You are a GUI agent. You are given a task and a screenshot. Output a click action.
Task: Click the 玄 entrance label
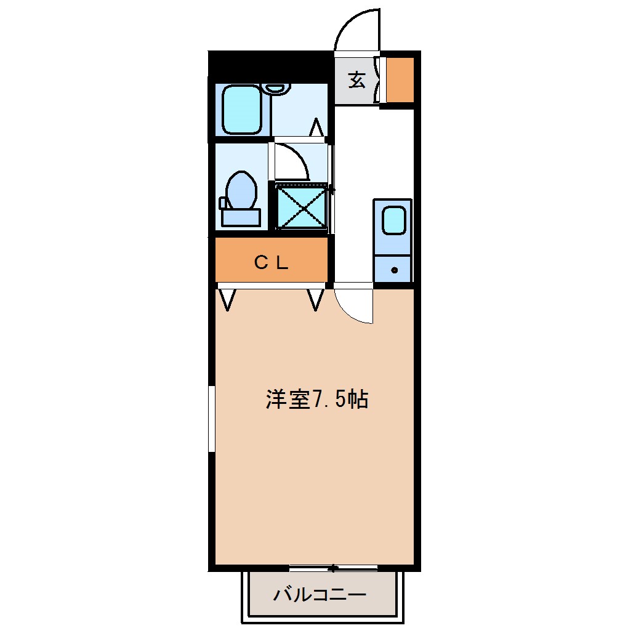pyautogui.click(x=357, y=79)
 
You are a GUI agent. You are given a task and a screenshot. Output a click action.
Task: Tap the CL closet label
pyautogui.click(x=272, y=263)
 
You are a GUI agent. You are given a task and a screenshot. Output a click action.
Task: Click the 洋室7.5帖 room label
pyautogui.click(x=317, y=400)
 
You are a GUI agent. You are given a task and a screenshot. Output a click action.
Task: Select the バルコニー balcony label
pyautogui.click(x=320, y=595)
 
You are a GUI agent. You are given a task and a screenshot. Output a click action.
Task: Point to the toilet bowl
pyautogui.click(x=241, y=190)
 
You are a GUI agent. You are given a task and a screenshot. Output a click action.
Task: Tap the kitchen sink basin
pyautogui.click(x=393, y=219)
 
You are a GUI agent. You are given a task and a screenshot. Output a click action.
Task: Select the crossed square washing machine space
pyautogui.click(x=300, y=207)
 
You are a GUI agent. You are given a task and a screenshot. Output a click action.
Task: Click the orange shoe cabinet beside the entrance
pyautogui.click(x=400, y=80)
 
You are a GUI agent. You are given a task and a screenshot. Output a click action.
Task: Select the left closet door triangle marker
pyautogui.click(x=228, y=300)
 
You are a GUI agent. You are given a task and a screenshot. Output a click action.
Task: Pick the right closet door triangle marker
pyautogui.click(x=316, y=300)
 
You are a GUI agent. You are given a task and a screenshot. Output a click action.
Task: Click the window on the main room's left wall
pyautogui.click(x=211, y=419)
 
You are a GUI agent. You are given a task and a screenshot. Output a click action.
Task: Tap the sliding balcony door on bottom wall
pyautogui.click(x=333, y=568)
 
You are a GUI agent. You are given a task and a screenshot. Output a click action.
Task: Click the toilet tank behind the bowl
pyautogui.click(x=240, y=217)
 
